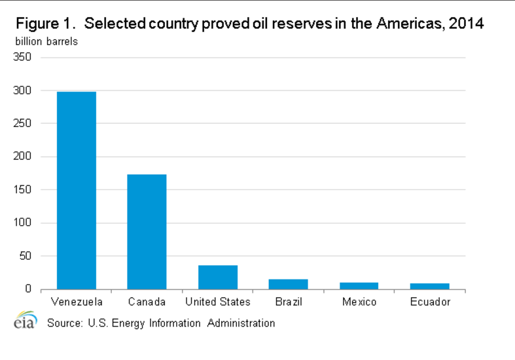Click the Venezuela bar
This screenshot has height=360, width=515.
pyautogui.click(x=77, y=190)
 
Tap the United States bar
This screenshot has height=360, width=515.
pyautogui.click(x=218, y=277)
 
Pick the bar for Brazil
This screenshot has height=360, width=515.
pyautogui.click(x=289, y=284)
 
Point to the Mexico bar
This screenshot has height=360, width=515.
pyautogui.click(x=359, y=285)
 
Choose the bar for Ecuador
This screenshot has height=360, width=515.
pyautogui.click(x=430, y=286)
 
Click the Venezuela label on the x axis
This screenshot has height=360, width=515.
pyautogui.click(x=77, y=302)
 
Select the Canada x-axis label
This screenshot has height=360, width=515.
pyautogui.click(x=147, y=302)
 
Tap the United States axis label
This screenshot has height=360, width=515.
pyautogui.click(x=218, y=302)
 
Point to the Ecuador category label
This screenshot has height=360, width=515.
pyautogui.click(x=430, y=302)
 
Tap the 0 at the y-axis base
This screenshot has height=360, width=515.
pyautogui.click(x=28, y=289)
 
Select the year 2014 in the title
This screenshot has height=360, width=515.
pyautogui.click(x=466, y=25)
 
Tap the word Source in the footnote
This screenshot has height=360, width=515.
pyautogui.click(x=62, y=323)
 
